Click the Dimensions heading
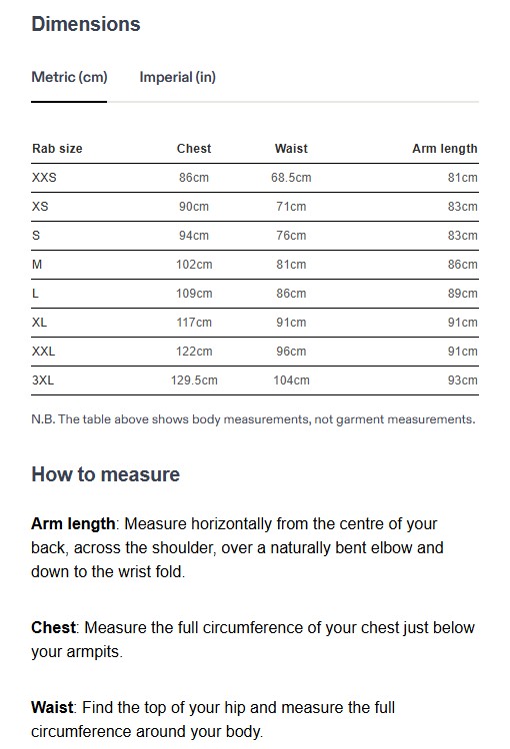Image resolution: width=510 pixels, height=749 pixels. tap(86, 24)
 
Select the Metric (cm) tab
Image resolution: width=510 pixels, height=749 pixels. tap(69, 77)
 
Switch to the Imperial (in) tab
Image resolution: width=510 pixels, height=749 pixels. tap(177, 77)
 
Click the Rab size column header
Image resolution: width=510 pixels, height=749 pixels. tap(57, 149)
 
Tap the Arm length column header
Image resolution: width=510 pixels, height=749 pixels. tap(445, 149)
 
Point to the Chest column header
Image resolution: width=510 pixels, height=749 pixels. tap(194, 149)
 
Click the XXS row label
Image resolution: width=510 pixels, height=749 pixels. tap(45, 178)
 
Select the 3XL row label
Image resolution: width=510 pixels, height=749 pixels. tap(44, 380)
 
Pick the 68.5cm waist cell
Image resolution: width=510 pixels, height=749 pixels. tap(291, 178)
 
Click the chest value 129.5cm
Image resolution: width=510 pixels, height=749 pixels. tap(194, 380)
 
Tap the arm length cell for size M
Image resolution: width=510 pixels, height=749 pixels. tap(463, 265)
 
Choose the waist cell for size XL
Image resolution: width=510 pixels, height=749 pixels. tap(291, 323)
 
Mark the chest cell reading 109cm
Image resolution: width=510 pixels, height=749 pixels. tap(194, 294)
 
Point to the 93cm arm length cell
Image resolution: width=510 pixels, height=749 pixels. tap(463, 380)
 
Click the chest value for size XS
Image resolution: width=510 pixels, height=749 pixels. tap(194, 207)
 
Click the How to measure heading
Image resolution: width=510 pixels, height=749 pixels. tap(106, 474)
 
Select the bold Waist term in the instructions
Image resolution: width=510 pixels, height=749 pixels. tap(52, 707)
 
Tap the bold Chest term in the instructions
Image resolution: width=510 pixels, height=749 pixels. tap(54, 628)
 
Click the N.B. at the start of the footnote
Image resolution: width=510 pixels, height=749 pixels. tap(43, 419)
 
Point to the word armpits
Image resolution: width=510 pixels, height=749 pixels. tap(96, 652)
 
